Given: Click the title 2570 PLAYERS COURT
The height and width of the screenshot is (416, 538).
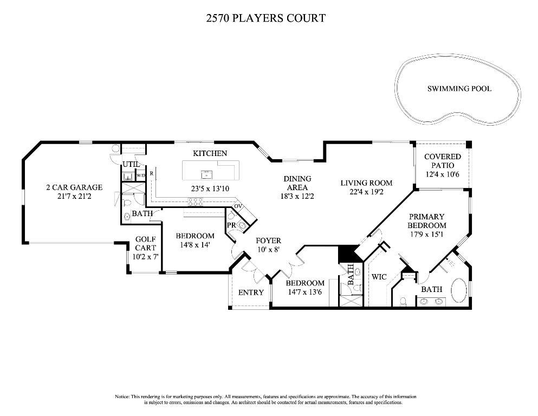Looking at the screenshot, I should point(265,18).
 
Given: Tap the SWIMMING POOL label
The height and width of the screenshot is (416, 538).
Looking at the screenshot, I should point(459,88).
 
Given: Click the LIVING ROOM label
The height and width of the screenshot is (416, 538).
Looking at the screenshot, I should point(366,183).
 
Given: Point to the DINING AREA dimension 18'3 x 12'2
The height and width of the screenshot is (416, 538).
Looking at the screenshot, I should point(297,196).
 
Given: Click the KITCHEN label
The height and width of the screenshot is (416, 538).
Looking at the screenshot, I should point(210,153).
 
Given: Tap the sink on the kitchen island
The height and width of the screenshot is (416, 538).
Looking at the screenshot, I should point(206,174).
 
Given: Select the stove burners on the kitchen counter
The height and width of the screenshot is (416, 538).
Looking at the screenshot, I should point(195,203).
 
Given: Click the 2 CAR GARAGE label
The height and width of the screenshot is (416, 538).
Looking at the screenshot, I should point(74,187).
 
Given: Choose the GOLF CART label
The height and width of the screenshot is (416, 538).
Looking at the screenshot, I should point(145,243).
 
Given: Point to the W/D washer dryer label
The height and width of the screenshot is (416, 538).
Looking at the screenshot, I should point(140,175).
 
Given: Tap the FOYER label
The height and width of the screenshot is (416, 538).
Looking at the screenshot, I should point(268,240).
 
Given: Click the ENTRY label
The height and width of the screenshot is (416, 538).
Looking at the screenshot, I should point(251,292).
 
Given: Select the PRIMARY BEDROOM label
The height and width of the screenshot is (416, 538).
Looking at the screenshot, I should point(427,221).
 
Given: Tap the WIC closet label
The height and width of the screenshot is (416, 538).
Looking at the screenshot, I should point(378,277).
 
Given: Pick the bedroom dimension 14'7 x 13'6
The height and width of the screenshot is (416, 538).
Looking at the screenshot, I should point(305,292).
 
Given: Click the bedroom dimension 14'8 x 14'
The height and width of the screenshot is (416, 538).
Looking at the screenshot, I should point(195,245).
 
